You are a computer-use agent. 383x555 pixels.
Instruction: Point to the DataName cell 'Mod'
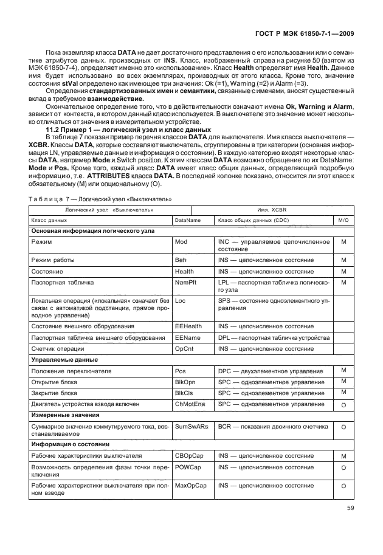coord(181,242)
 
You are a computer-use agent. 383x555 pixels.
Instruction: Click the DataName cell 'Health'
coord(184,271)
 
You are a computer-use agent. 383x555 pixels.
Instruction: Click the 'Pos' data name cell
coord(180,371)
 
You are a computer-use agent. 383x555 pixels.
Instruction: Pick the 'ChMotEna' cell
coord(190,404)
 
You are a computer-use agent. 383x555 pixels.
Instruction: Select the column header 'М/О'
coord(343,237)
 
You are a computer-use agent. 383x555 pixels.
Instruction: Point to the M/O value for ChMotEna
coord(343,405)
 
